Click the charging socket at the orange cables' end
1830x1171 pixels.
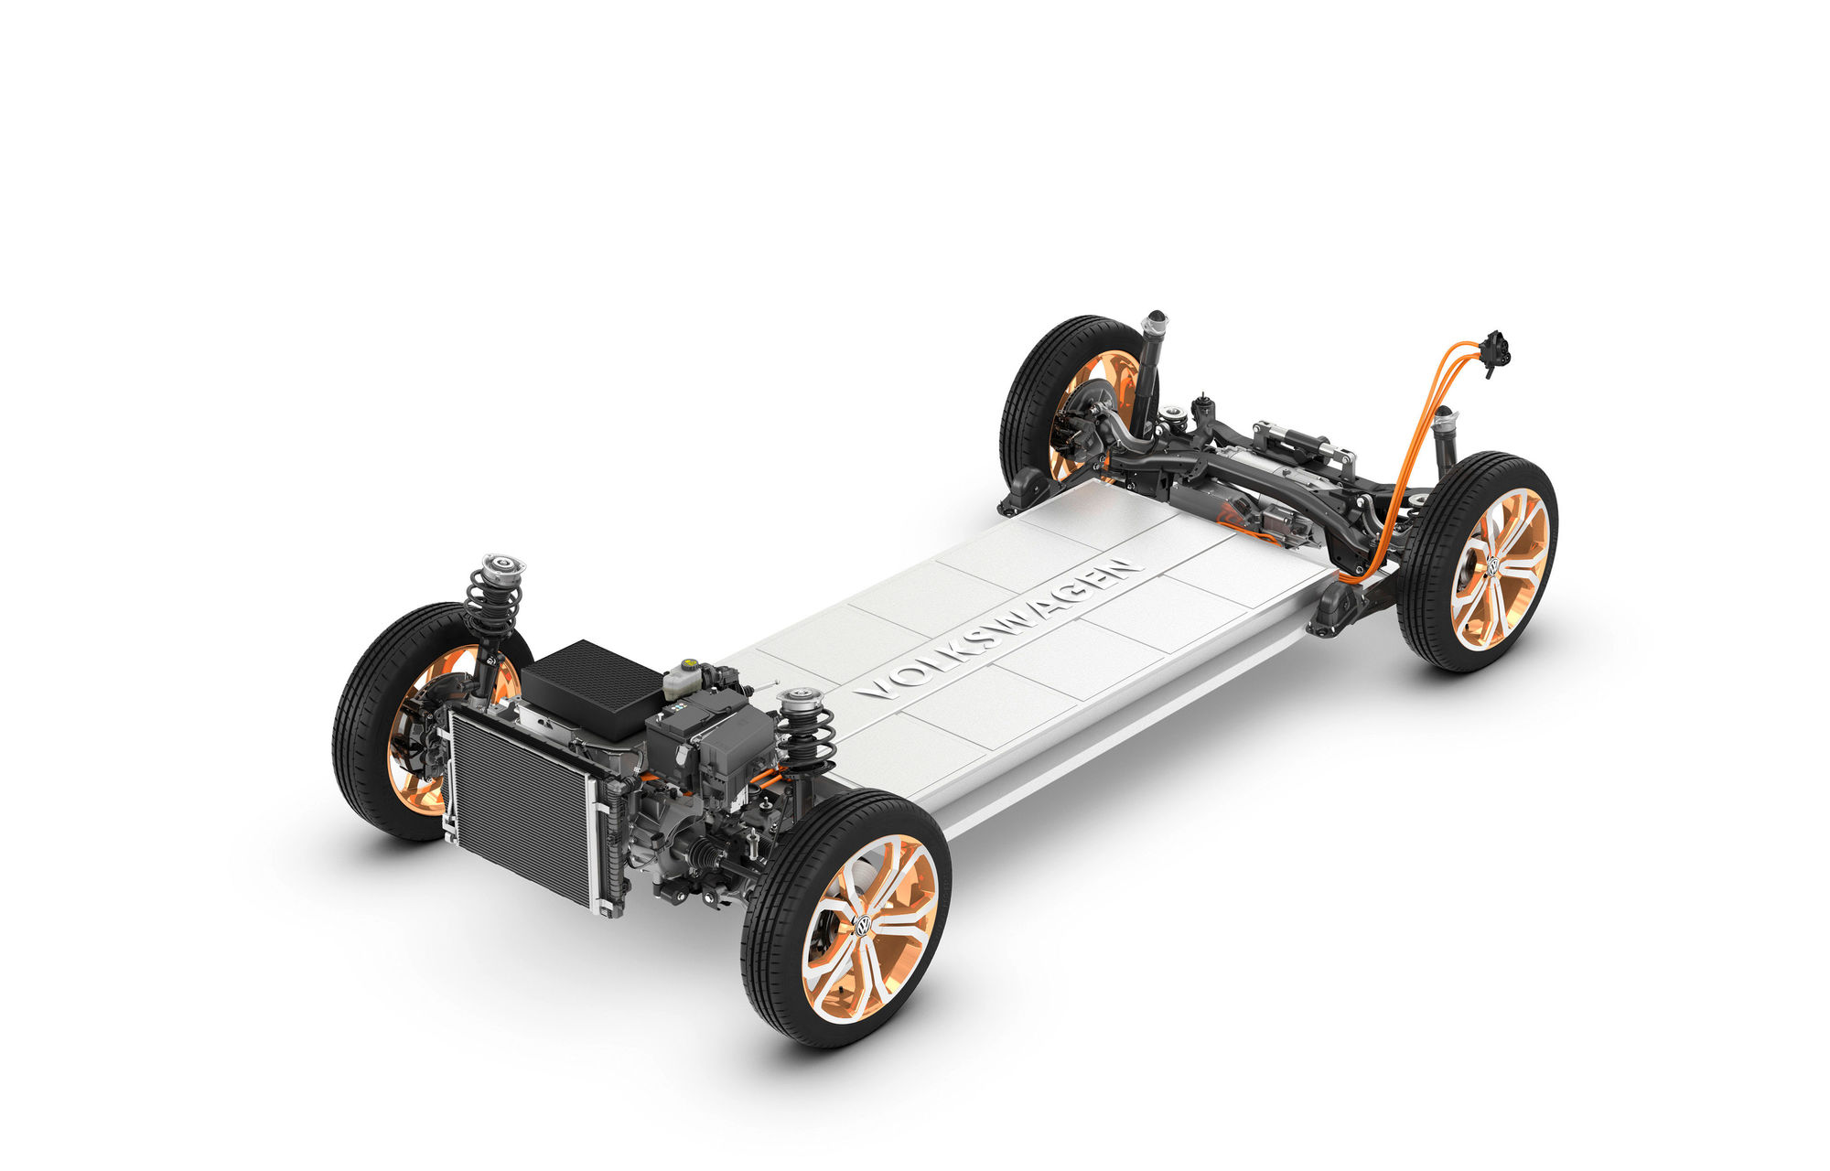tap(1495, 350)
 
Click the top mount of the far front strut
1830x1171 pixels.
tap(502, 566)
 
